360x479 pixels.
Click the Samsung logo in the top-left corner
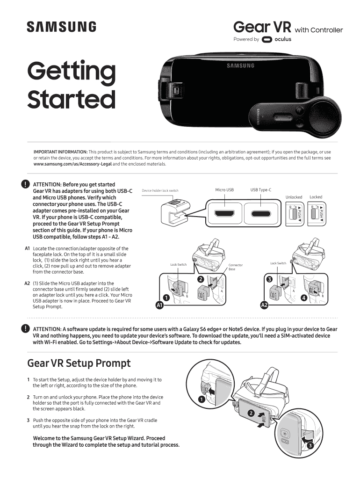coord(61,27)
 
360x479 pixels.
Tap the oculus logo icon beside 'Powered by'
coord(267,39)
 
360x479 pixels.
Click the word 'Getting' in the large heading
coord(72,72)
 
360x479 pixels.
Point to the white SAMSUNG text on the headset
coord(240,65)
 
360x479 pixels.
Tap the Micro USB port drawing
coord(224,213)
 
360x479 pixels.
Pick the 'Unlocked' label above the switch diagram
coord(294,197)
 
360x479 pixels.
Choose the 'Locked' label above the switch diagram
coord(316,197)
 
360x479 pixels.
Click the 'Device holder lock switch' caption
coord(160,191)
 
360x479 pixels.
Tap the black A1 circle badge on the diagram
coord(159,305)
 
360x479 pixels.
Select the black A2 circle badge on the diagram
coord(264,305)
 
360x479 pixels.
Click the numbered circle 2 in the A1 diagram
coord(201,279)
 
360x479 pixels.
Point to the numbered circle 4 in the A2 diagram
coord(304,298)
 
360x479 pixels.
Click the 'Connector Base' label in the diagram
coord(236,267)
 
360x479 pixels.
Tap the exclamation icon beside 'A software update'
coord(25,329)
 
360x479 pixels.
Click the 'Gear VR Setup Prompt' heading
coord(79,363)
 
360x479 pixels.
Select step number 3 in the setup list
coord(28,421)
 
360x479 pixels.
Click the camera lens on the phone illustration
coord(285,434)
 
